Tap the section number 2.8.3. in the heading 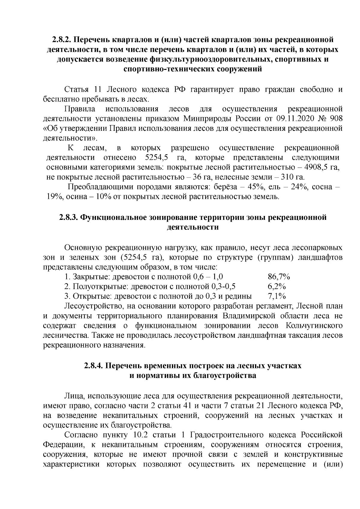click(x=69, y=217)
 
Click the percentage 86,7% click(x=278, y=277)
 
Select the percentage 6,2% click(x=276, y=286)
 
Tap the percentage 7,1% click(x=276, y=296)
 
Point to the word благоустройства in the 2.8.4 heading click(x=224, y=376)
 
